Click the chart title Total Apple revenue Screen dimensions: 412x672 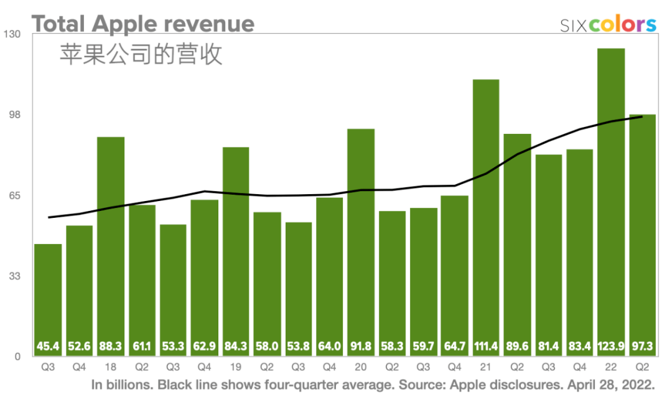(x=143, y=24)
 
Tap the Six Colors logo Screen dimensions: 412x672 (x=608, y=24)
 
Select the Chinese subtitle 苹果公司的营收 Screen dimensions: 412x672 (x=141, y=55)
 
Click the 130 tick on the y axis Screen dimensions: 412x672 (x=14, y=34)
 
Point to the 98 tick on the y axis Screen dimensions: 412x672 (x=14, y=115)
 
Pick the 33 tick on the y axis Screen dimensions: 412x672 (x=14, y=276)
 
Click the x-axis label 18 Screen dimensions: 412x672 (x=111, y=367)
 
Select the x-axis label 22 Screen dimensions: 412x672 (x=611, y=367)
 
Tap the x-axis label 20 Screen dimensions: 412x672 (x=361, y=367)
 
